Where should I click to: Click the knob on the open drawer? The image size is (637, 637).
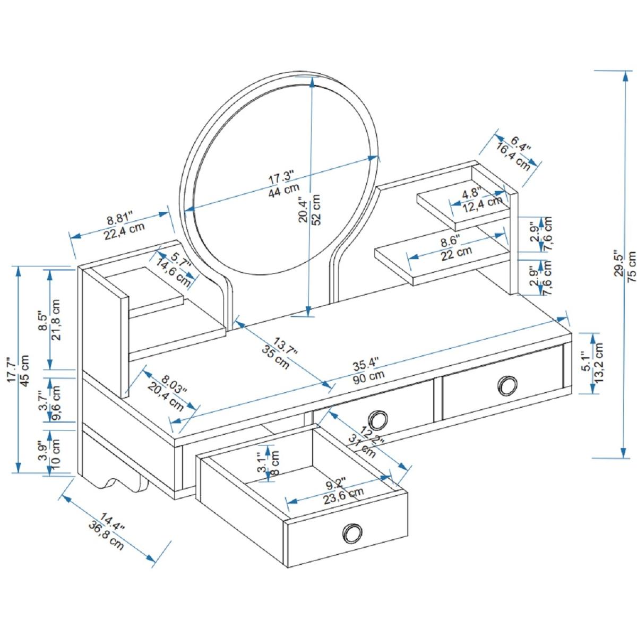[x=352, y=532]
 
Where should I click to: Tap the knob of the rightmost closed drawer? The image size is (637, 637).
[x=507, y=385]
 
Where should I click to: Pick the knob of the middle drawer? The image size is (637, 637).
[x=378, y=419]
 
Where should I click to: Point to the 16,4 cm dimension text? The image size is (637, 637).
[x=513, y=157]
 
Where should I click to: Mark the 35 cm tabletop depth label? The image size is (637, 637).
[x=276, y=357]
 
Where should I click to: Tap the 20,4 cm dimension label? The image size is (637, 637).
[x=167, y=394]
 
